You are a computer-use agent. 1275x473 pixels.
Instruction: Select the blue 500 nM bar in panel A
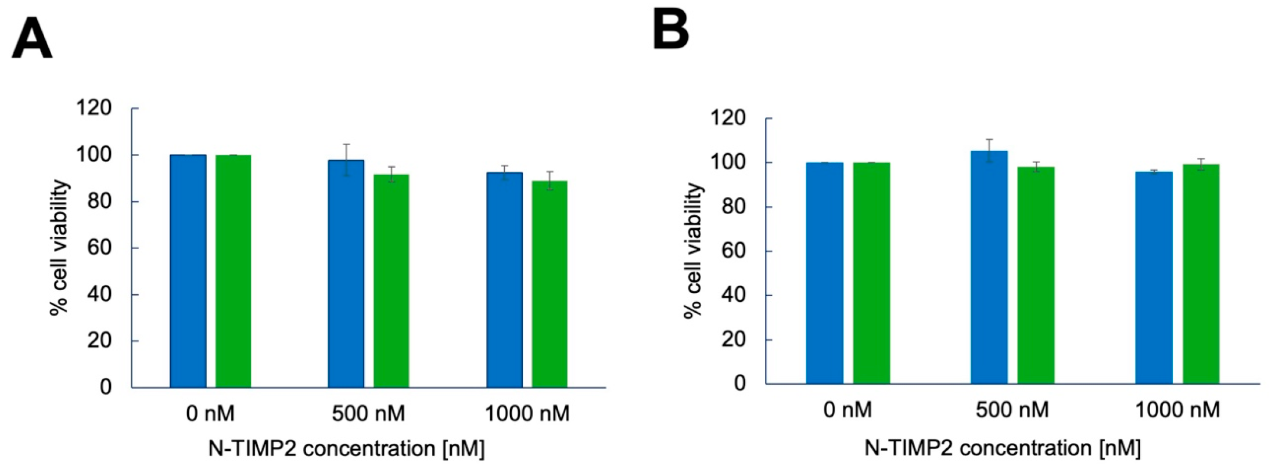(346, 273)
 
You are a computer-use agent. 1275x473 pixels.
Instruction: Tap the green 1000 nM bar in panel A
(549, 284)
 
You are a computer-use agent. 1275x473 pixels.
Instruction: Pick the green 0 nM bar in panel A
(233, 271)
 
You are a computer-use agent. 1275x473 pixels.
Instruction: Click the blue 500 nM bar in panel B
(989, 267)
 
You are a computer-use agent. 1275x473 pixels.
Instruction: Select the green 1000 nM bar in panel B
(1201, 274)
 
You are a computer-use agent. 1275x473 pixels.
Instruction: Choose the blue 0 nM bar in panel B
(824, 273)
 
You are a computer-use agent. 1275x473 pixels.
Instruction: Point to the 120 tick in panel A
(94, 108)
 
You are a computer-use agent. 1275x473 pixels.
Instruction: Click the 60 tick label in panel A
(99, 248)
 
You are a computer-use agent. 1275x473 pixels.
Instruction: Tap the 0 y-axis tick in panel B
(739, 384)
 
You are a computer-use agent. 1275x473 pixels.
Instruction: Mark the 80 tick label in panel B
(734, 207)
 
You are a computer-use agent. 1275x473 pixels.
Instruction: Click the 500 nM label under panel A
(368, 414)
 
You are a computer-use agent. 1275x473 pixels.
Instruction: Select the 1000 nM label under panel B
(1177, 410)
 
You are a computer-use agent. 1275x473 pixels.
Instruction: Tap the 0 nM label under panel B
(847, 410)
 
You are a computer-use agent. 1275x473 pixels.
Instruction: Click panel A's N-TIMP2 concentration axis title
(346, 449)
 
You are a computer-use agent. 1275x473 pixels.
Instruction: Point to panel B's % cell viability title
(693, 250)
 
